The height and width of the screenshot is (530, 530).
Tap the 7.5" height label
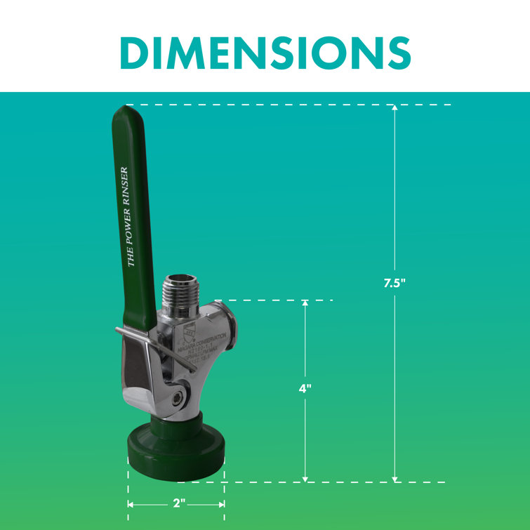click(395, 284)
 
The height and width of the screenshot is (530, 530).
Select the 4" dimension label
click(305, 388)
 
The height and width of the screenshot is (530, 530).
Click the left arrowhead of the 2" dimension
click(131, 504)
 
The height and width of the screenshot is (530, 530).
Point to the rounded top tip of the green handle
click(127, 110)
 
